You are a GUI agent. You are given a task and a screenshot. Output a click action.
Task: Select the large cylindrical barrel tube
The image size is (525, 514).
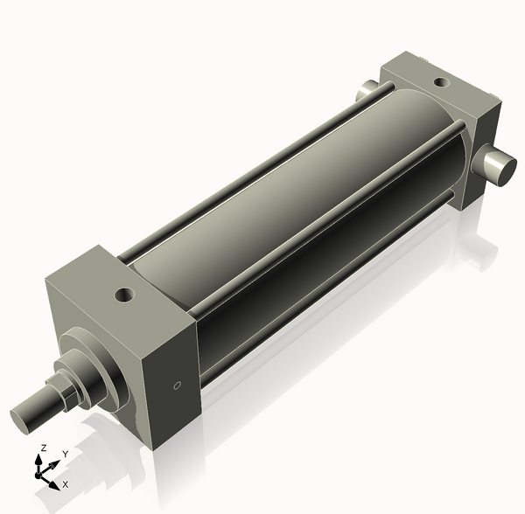[x=289, y=201]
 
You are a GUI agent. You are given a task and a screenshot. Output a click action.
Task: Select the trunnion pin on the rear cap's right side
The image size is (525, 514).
[x=496, y=166]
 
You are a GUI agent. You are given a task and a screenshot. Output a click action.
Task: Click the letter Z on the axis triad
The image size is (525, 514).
[x=43, y=448]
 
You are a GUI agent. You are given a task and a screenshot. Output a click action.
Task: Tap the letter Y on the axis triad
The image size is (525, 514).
[x=66, y=455]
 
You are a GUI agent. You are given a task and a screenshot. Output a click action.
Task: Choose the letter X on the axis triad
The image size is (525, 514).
[x=66, y=483]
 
